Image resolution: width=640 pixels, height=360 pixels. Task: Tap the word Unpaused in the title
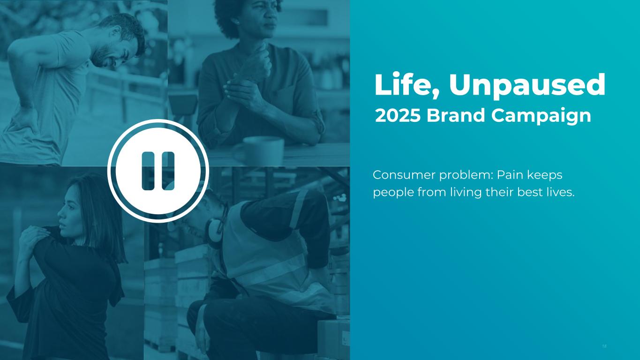pos(527,86)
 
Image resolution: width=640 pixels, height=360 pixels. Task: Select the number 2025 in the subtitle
pos(398,115)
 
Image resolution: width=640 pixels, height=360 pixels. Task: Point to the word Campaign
pos(541,117)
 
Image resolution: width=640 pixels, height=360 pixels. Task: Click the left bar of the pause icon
pos(148,171)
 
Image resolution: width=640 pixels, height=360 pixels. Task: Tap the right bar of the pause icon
pos(168,171)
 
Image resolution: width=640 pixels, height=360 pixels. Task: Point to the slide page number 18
pos(604,346)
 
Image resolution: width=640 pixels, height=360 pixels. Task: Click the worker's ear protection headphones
pos(213,232)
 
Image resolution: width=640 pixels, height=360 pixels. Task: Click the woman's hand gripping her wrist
pos(240,91)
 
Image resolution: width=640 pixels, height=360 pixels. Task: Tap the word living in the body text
pos(465,193)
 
